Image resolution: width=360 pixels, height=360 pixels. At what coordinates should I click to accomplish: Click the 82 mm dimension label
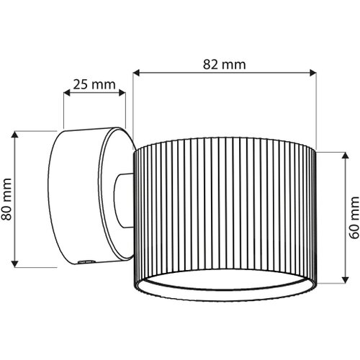tap(225, 65)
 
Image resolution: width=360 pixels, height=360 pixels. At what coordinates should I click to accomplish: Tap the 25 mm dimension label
tap(94, 84)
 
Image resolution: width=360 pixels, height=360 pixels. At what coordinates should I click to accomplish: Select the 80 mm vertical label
tap(6, 199)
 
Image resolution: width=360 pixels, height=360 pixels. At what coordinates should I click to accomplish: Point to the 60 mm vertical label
tap(354, 217)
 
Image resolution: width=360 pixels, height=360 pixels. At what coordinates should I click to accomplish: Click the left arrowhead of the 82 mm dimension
tap(136, 73)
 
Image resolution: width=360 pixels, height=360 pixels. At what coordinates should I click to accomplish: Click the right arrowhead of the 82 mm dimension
tap(313, 73)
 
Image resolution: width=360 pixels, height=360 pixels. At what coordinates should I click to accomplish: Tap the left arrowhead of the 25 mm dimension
tap(67, 93)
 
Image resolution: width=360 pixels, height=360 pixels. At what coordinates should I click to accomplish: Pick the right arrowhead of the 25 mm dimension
tap(122, 93)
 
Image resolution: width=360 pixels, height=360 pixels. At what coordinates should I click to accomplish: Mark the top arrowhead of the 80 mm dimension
tap(15, 135)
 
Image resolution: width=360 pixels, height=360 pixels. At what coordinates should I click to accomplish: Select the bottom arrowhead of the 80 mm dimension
tap(15, 264)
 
